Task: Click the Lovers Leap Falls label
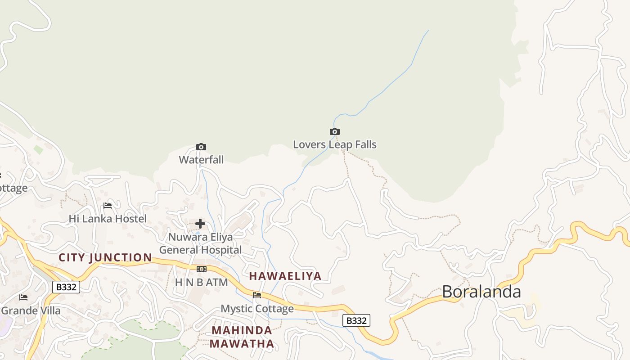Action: [335, 144]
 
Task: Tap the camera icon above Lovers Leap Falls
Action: [335, 132]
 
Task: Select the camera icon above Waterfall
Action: [201, 147]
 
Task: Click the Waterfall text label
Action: [201, 160]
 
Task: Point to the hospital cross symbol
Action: [200, 224]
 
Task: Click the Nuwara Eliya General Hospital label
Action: [200, 243]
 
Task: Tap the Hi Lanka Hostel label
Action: [108, 219]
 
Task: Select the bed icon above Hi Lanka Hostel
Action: [108, 206]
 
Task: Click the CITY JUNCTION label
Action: [105, 258]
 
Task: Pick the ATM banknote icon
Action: [202, 269]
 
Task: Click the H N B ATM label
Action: [201, 283]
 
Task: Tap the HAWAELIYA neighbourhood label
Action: [285, 276]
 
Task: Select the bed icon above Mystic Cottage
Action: [257, 295]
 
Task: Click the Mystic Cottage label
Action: [257, 309]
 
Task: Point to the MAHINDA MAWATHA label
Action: [242, 337]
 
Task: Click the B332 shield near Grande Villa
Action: [66, 287]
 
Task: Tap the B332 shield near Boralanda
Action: [356, 320]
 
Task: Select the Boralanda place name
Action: [481, 292]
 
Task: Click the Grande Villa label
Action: [31, 310]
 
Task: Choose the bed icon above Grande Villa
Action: [23, 297]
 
